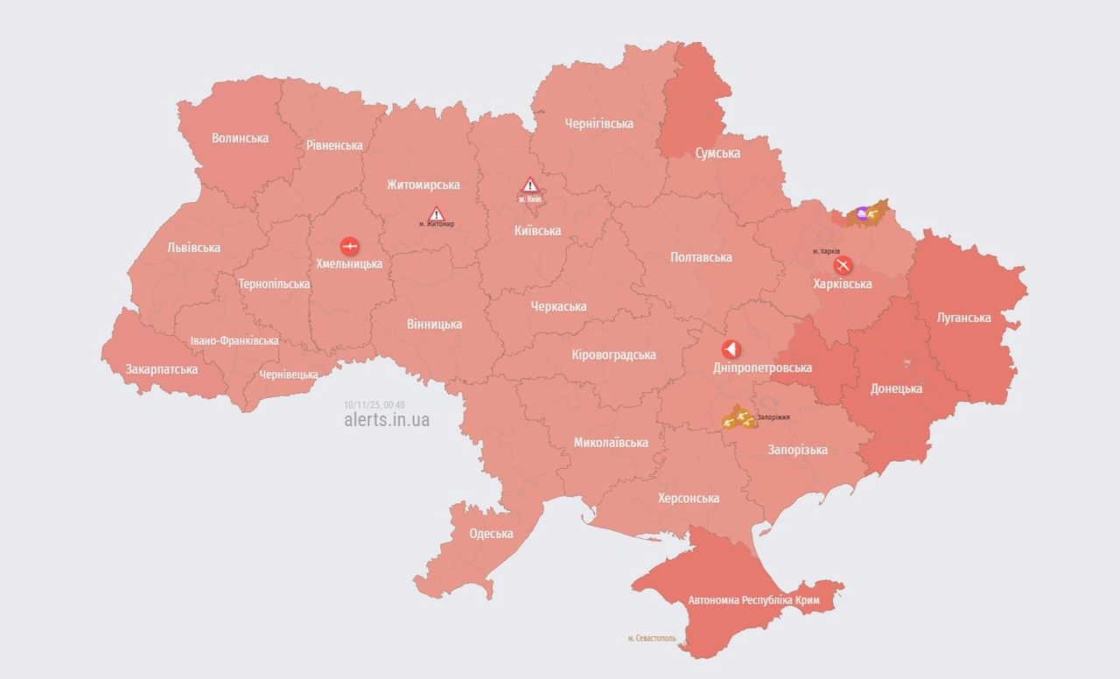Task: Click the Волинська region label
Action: pos(240,138)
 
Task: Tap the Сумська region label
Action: pos(717,153)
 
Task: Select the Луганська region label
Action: pos(963,318)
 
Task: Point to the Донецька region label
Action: pos(896,388)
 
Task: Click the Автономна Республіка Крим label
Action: pos(753,601)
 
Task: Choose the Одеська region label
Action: pos(491,534)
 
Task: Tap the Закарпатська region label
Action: pos(161,369)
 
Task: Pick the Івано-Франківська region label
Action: pos(234,340)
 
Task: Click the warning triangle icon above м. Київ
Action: pos(529,185)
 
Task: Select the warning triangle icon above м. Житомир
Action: pos(436,213)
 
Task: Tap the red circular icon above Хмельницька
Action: pos(348,245)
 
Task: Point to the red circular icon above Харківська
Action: pos(843,265)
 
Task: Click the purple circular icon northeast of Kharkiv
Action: pos(862,213)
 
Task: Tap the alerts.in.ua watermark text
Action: pos(387,420)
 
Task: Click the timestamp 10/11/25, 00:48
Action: pos(374,404)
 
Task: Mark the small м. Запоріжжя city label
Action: pos(773,417)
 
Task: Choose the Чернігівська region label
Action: pos(598,123)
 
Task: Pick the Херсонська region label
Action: pos(689,498)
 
